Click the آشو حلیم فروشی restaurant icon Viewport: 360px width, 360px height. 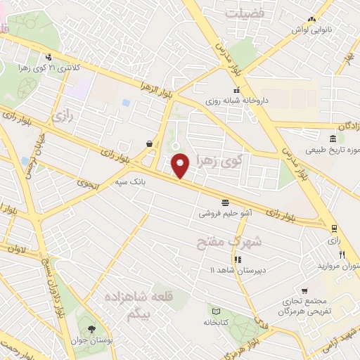point(225,199)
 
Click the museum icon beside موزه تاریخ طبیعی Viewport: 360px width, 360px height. point(333,138)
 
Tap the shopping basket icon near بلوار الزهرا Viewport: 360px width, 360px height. point(150,143)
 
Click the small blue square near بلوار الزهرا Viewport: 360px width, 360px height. point(126,103)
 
